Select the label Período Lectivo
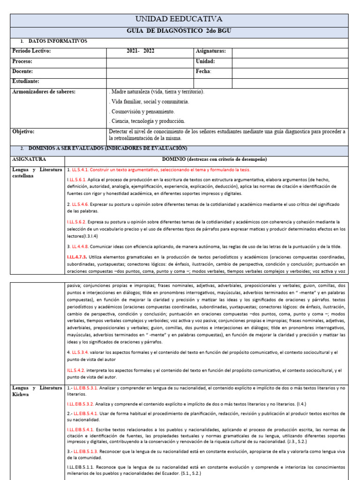tap(31, 51)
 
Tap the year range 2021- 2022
tap(141, 51)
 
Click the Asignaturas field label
tap(210, 51)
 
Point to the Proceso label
tap(22, 61)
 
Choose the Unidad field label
tap(205, 61)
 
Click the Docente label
tap(22, 72)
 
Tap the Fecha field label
tap(203, 72)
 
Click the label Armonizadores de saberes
tap(44, 92)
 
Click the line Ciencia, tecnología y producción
tap(147, 121)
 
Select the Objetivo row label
tap(23, 132)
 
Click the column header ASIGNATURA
tap(29, 159)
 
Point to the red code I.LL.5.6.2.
tap(78, 221)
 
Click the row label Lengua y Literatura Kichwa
tap(37, 391)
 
